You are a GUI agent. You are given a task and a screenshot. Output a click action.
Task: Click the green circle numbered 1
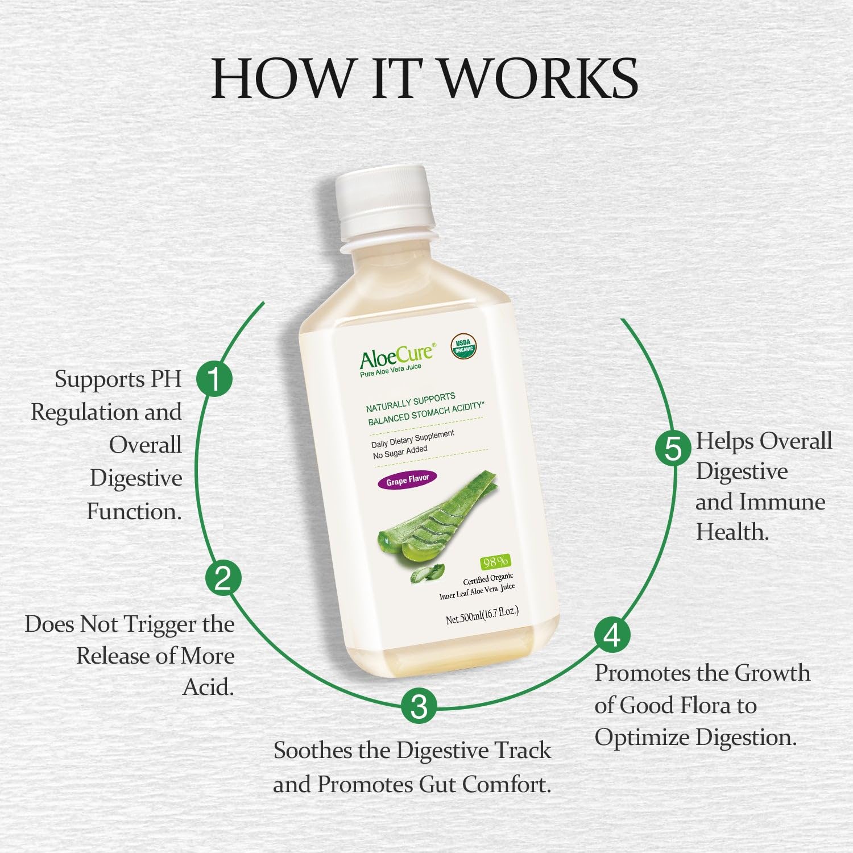(x=214, y=379)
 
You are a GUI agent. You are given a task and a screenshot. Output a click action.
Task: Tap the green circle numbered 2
(x=223, y=578)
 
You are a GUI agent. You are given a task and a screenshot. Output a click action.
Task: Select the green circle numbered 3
(x=419, y=707)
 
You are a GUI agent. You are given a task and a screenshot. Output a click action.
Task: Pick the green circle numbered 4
(x=612, y=635)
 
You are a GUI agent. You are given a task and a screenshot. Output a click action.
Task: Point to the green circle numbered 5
(x=673, y=448)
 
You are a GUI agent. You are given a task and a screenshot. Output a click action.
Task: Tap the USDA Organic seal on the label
(x=464, y=346)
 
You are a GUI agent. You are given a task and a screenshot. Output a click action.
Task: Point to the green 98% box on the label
(x=495, y=562)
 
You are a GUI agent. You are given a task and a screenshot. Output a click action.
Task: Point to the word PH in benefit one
(x=166, y=379)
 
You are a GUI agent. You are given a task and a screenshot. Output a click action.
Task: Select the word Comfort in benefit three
(x=506, y=785)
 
